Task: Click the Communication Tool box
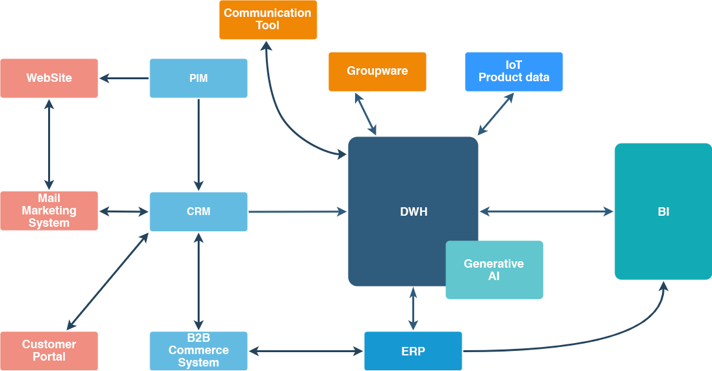(x=268, y=19)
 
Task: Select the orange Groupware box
(x=377, y=71)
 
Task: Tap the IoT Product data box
(x=514, y=71)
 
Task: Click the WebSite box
(x=49, y=78)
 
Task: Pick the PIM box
(x=198, y=78)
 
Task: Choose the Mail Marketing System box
(x=49, y=211)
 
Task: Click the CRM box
(x=198, y=211)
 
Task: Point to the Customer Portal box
(x=49, y=351)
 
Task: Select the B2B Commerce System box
(x=198, y=351)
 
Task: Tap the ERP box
(x=413, y=352)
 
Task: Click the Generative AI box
(x=494, y=270)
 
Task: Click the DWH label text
(x=414, y=212)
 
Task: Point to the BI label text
(x=663, y=212)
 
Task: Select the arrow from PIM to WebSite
(x=124, y=79)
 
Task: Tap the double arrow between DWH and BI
(x=546, y=211)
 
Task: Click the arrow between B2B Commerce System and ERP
(x=306, y=352)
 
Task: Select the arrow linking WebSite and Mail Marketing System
(x=49, y=144)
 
